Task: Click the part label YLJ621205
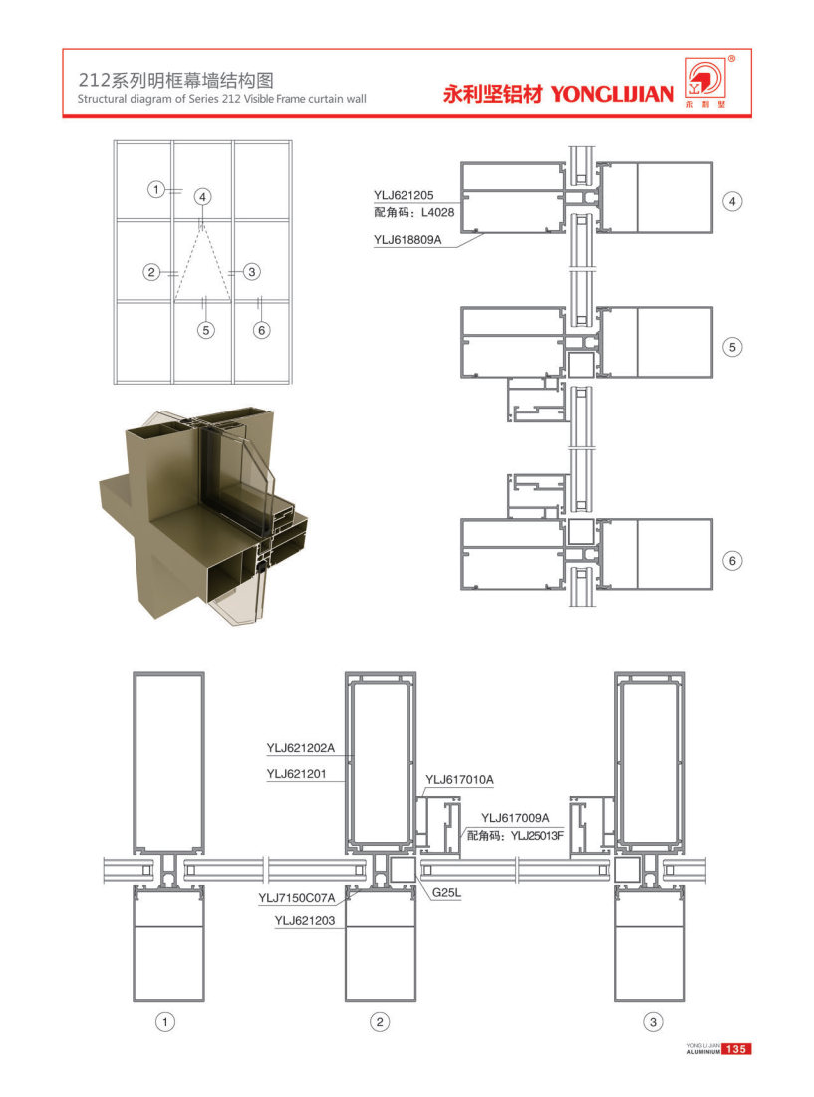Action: coord(404,196)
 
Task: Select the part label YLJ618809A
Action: coord(407,240)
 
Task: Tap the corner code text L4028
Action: coord(437,212)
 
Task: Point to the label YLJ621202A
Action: coord(301,748)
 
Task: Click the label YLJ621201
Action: coord(297,774)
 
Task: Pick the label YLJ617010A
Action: coord(459,780)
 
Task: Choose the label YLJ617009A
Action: coord(515,818)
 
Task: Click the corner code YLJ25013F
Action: coord(537,835)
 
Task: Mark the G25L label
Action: coord(447,892)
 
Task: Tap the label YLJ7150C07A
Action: coord(297,898)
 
